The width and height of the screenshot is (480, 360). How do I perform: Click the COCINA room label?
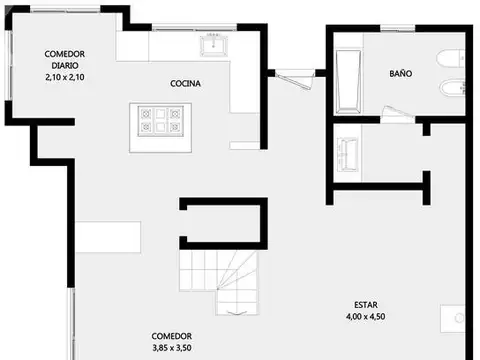coord(185,83)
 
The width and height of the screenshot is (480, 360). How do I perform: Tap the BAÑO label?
coord(401,73)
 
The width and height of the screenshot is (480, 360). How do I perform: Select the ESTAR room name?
coord(366,305)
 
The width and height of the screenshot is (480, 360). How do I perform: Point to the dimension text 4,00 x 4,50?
coord(366,316)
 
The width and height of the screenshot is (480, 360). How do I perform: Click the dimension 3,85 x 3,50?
coord(172,348)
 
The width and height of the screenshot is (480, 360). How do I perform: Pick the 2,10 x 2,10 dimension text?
coord(65,77)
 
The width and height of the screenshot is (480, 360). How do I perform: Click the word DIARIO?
coord(65,65)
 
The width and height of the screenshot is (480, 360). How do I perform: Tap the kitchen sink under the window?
coord(214,45)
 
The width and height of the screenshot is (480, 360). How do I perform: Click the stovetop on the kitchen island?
coord(161,121)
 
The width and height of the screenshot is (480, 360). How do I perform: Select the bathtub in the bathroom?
coord(348,82)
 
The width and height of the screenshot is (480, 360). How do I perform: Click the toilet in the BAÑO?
coord(450,59)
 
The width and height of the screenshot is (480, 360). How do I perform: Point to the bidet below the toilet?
coord(452,88)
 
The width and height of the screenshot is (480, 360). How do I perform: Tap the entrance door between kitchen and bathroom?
coord(295,79)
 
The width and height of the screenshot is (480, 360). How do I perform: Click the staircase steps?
coord(219,282)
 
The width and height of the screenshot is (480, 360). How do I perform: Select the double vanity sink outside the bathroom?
coord(347,154)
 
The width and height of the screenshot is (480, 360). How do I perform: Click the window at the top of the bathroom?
coord(398,29)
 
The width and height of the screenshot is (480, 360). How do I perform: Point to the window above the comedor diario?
coord(66,10)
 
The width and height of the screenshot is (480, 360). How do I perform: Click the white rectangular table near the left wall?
coord(108,237)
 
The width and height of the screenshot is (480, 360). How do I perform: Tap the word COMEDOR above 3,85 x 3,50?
coord(172,336)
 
